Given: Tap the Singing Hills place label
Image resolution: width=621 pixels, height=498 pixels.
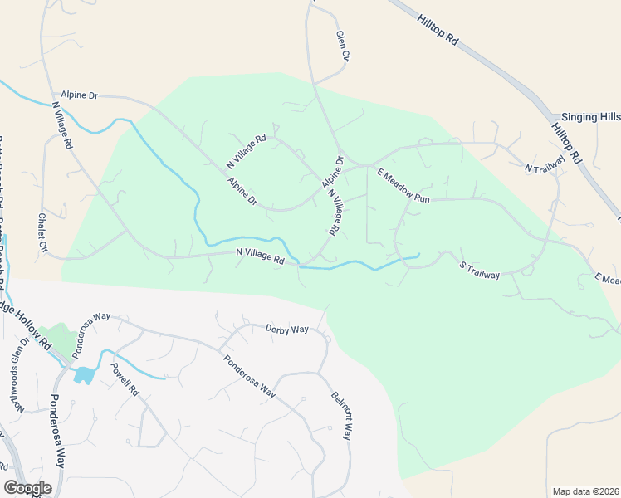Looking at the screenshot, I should click(x=590, y=118).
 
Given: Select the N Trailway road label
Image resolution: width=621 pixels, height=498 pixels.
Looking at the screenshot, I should click(x=545, y=164).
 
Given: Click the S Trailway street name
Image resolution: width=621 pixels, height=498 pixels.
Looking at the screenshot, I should click(x=480, y=269).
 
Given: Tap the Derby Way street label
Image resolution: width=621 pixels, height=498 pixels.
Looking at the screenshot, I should click(x=287, y=330).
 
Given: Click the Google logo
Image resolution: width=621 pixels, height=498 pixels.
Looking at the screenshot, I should click(x=27, y=488).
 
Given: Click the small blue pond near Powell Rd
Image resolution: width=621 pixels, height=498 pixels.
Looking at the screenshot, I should click(x=84, y=375).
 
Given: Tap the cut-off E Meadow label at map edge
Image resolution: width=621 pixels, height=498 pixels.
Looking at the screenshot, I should click(x=608, y=280).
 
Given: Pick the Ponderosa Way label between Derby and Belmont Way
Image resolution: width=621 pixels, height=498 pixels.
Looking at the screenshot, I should click(x=248, y=376).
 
